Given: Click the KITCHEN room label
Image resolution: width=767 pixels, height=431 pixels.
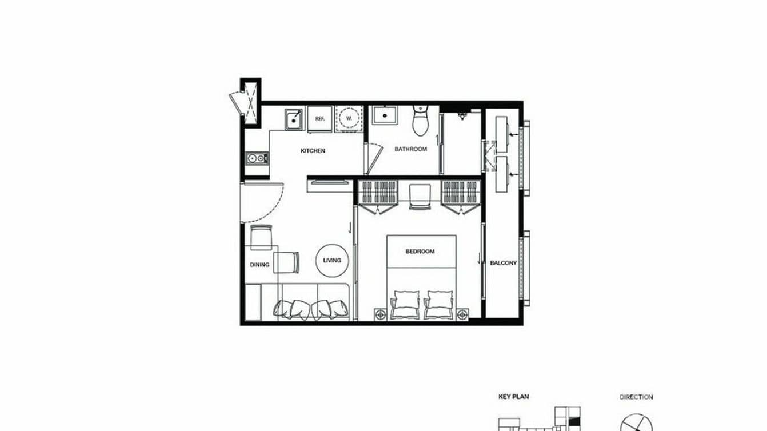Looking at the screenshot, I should pos(313,151).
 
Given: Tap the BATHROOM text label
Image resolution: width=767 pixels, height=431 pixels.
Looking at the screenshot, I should pos(410,149).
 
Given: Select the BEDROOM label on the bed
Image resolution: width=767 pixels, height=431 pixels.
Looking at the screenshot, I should pos(420,251).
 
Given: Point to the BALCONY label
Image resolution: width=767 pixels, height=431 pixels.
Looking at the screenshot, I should pos(503,263).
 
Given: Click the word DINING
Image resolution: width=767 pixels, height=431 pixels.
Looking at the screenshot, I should pos(259,265).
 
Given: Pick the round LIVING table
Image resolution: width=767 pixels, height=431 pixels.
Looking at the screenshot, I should pos(331,260).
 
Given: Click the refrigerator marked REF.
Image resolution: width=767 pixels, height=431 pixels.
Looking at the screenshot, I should pos(320,119).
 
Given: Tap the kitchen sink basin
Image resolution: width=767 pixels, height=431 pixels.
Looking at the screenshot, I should pos(294,119).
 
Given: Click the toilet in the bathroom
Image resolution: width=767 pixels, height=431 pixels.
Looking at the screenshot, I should pos(420,121).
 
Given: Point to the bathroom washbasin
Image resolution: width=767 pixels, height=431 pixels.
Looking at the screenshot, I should pos(385,116).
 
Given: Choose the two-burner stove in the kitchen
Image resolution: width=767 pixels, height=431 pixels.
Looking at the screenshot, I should pos(256,157).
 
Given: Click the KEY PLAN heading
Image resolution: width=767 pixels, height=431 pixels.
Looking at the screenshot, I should pos(512,396).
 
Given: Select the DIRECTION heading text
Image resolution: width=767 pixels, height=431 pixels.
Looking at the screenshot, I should pos(636,397).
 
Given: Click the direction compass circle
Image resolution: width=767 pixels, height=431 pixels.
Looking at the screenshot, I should pos(636,424).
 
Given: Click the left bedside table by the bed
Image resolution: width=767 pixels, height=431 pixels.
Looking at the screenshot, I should pos(380,313).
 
